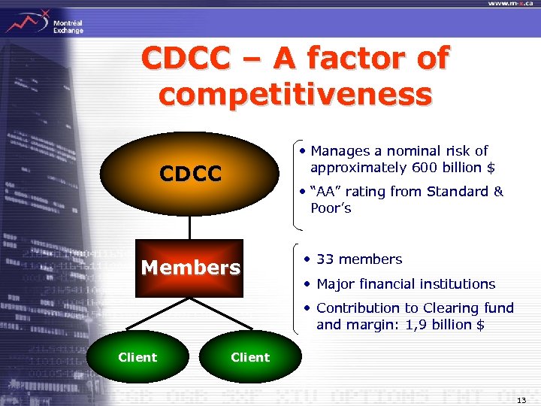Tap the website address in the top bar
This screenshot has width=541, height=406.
[513, 4]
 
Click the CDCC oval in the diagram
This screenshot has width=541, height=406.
[190, 174]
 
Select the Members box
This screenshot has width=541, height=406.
[191, 268]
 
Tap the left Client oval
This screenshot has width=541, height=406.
[138, 357]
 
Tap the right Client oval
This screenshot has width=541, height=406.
[249, 357]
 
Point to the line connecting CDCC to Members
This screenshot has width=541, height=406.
[190, 224]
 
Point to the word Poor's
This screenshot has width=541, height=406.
[331, 208]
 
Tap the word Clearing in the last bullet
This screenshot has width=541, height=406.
[447, 308]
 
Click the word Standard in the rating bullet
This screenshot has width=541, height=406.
[458, 192]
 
